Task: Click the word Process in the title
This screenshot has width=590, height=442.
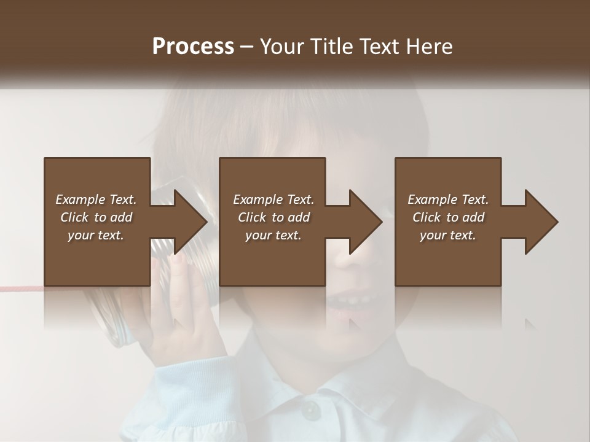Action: [193, 47]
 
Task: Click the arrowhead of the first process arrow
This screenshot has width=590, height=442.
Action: [191, 222]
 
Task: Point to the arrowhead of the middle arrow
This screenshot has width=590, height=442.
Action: [366, 222]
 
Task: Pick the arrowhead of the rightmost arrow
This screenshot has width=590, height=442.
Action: [541, 222]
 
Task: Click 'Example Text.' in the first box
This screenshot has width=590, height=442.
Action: [96, 200]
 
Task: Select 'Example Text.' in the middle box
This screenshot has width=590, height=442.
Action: [273, 200]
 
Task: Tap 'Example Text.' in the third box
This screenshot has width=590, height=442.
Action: [448, 200]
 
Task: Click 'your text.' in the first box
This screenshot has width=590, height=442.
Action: [96, 235]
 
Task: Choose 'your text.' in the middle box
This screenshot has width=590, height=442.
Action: [273, 235]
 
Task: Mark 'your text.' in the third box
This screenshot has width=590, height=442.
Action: [448, 235]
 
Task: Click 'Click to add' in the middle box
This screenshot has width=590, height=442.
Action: [273, 217]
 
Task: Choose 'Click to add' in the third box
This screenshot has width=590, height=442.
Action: [448, 217]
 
